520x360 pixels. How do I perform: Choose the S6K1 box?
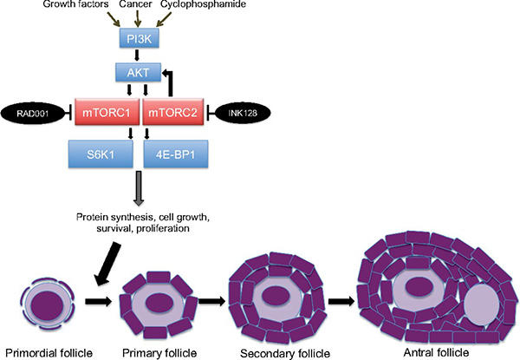click(99, 155)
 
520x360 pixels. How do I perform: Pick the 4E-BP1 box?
click(172, 155)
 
